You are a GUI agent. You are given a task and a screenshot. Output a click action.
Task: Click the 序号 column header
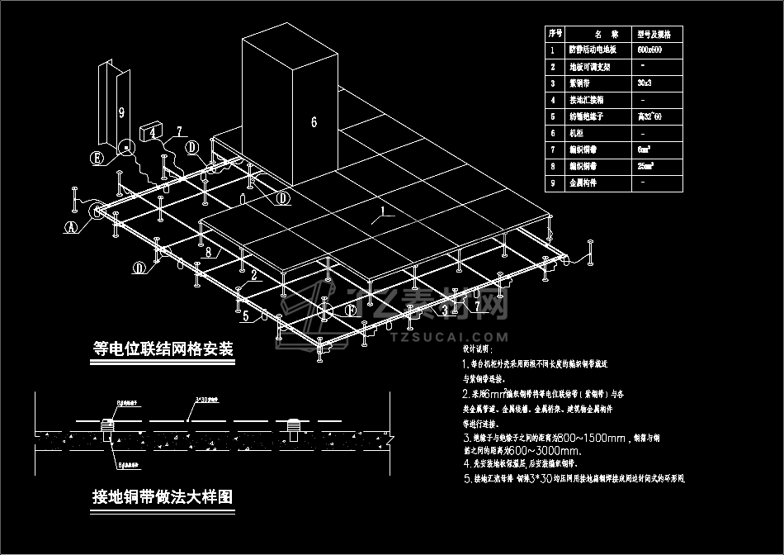click(x=555, y=34)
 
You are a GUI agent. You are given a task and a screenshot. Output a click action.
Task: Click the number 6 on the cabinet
click(x=314, y=122)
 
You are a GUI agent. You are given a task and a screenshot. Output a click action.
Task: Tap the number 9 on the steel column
click(x=120, y=109)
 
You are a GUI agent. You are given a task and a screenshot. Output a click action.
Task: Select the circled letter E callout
click(x=97, y=159)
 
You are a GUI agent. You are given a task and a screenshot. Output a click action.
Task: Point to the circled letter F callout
click(x=351, y=311)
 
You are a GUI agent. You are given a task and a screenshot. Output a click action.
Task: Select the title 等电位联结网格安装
click(x=164, y=349)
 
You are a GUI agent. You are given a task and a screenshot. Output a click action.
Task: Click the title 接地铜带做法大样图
click(x=163, y=497)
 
